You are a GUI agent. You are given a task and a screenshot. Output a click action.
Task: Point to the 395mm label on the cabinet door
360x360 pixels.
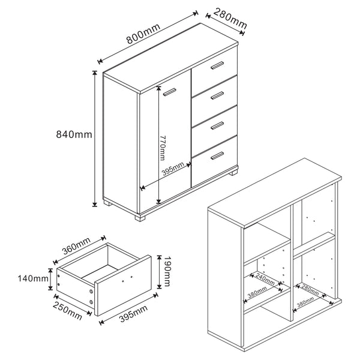(173, 171)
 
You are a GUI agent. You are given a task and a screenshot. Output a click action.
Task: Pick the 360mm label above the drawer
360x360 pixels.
(76, 248)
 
